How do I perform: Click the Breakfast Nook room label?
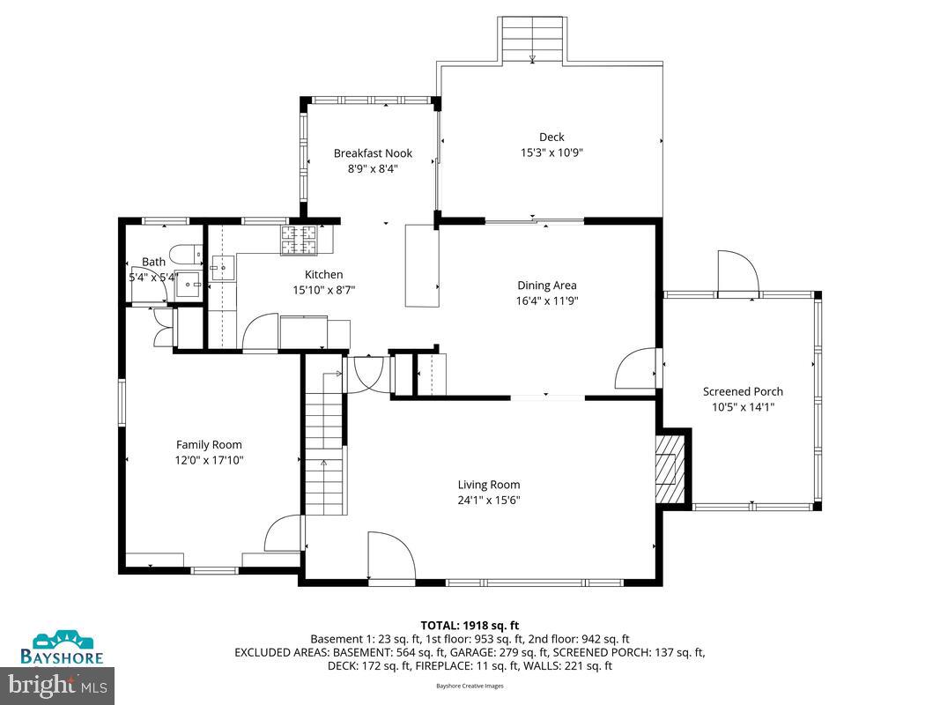click(373, 153)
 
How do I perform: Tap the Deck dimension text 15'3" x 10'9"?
click(551, 152)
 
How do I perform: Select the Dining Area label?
click(546, 286)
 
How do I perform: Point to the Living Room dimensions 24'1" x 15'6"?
click(488, 500)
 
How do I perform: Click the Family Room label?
click(209, 445)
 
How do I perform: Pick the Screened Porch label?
click(742, 392)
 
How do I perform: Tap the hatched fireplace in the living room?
click(670, 468)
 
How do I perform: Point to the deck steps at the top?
click(532, 40)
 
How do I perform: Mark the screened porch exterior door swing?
click(737, 273)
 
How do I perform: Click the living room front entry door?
click(391, 557)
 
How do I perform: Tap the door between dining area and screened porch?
click(635, 367)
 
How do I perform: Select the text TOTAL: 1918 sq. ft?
click(470, 626)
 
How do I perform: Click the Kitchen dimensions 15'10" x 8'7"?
click(323, 289)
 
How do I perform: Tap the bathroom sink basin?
click(188, 284)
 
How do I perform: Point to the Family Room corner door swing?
click(284, 534)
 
